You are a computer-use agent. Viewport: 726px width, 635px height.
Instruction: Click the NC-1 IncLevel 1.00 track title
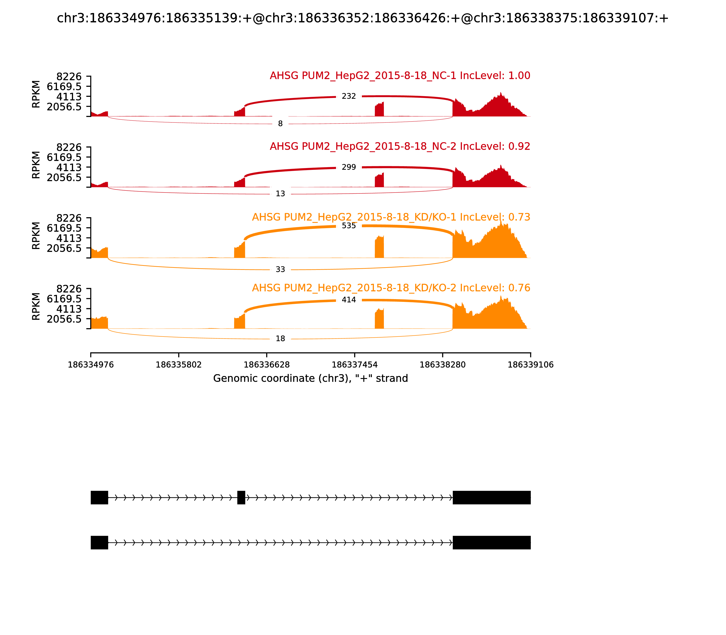tap(400, 76)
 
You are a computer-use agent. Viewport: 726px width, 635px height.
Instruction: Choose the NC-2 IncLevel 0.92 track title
tap(400, 146)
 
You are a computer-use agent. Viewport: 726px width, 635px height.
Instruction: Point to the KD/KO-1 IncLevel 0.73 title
tap(391, 217)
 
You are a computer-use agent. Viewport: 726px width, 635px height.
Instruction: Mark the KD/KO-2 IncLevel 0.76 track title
tap(391, 288)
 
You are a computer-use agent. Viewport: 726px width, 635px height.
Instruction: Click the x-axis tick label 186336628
tap(267, 365)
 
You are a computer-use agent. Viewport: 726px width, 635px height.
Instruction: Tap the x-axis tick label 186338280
tap(442, 365)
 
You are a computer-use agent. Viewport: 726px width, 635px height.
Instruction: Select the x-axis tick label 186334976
tap(91, 365)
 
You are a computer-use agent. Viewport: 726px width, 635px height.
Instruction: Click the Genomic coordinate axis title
tap(311, 379)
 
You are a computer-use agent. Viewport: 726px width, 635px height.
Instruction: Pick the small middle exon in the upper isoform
tap(241, 498)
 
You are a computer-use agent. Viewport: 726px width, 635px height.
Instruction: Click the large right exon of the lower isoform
tap(491, 542)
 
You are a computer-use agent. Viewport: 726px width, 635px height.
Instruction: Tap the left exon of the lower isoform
tap(99, 542)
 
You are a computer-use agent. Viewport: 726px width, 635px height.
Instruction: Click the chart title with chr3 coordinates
tap(363, 18)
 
